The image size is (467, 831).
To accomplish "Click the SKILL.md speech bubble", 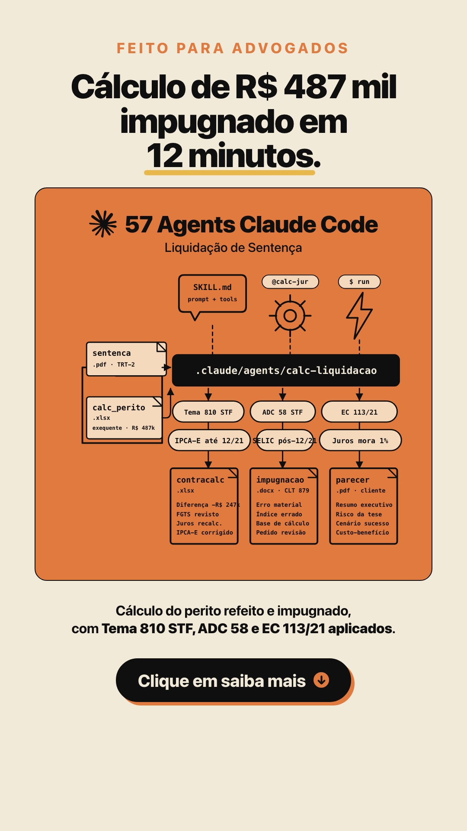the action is pos(212,293).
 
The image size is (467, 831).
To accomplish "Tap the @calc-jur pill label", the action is pos(290,282).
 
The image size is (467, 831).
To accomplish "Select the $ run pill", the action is pos(359,282).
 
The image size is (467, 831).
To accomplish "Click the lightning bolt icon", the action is pos(359,316).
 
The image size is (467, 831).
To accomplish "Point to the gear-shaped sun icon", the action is pos(290,316).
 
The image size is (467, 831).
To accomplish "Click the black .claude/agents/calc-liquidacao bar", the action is pos(286,370).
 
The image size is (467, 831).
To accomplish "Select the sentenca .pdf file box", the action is pos(126,359).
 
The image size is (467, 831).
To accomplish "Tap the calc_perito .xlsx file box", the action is pos(124,418).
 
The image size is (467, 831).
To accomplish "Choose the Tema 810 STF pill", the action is pos(208,412).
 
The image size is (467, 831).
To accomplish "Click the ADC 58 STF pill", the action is pos(283,412).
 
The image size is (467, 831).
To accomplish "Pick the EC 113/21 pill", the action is pos(359,412).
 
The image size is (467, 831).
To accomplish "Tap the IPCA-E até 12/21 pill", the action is pos(209,441).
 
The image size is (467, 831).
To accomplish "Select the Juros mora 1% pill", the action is pos(361,441).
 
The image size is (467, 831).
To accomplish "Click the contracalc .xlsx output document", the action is pos(204,506).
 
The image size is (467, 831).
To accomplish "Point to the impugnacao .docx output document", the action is pos(284,506).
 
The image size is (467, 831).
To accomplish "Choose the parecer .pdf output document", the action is pos(364,506).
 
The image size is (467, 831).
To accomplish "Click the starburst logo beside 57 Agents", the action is pos(103,224).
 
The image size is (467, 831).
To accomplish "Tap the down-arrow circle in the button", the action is pos(321,680).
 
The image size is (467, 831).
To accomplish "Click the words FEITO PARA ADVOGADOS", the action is pos(233,48).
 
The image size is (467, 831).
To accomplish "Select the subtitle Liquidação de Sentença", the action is pos(233,248).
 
